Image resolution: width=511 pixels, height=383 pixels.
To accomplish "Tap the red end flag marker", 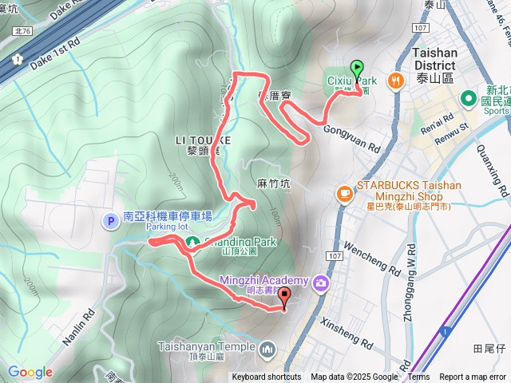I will pyautogui.click(x=285, y=298).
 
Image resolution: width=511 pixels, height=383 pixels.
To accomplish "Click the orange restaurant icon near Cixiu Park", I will pyautogui.click(x=394, y=81).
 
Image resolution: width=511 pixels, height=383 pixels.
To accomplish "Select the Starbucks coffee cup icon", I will pyautogui.click(x=343, y=192).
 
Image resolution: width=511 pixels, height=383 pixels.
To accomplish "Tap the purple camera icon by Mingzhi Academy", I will pyautogui.click(x=321, y=282).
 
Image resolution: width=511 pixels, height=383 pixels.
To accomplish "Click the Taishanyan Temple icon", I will pyautogui.click(x=267, y=348).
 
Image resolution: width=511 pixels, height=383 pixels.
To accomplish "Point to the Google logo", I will pyautogui.click(x=30, y=373).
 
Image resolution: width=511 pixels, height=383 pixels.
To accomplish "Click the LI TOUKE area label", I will pyautogui.click(x=203, y=139).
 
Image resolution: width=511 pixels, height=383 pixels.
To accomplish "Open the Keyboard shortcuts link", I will pyautogui.click(x=267, y=377).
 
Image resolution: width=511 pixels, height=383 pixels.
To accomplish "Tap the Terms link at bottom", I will pyautogui.click(x=418, y=377).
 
